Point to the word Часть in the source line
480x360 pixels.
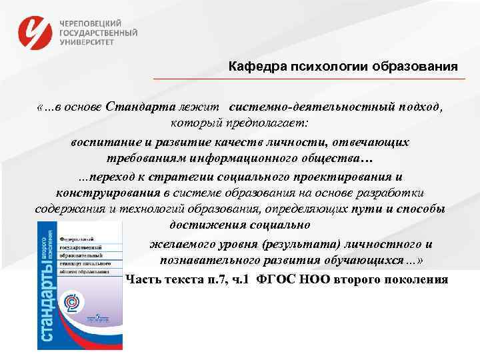pos(141,279)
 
